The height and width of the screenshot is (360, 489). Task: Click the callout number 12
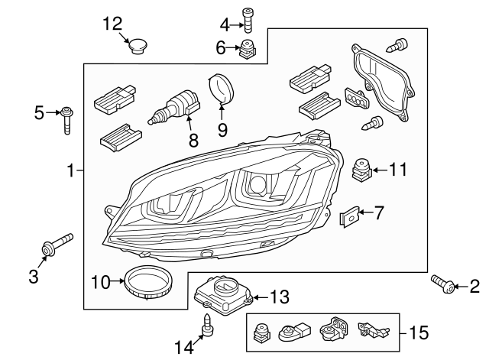112,24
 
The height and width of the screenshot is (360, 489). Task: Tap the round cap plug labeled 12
137,47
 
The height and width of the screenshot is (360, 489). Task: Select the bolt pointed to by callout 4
247,19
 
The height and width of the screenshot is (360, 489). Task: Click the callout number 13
280,296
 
